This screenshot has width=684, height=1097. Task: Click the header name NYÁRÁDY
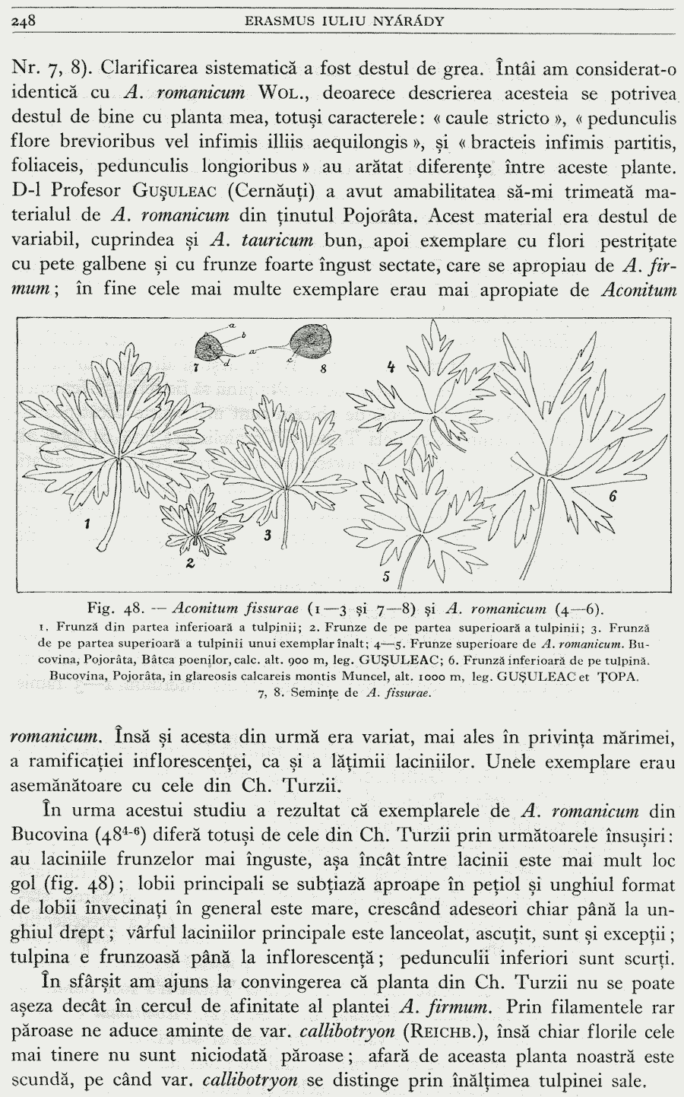point(404,21)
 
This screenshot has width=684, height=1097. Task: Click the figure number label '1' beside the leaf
point(89,524)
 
